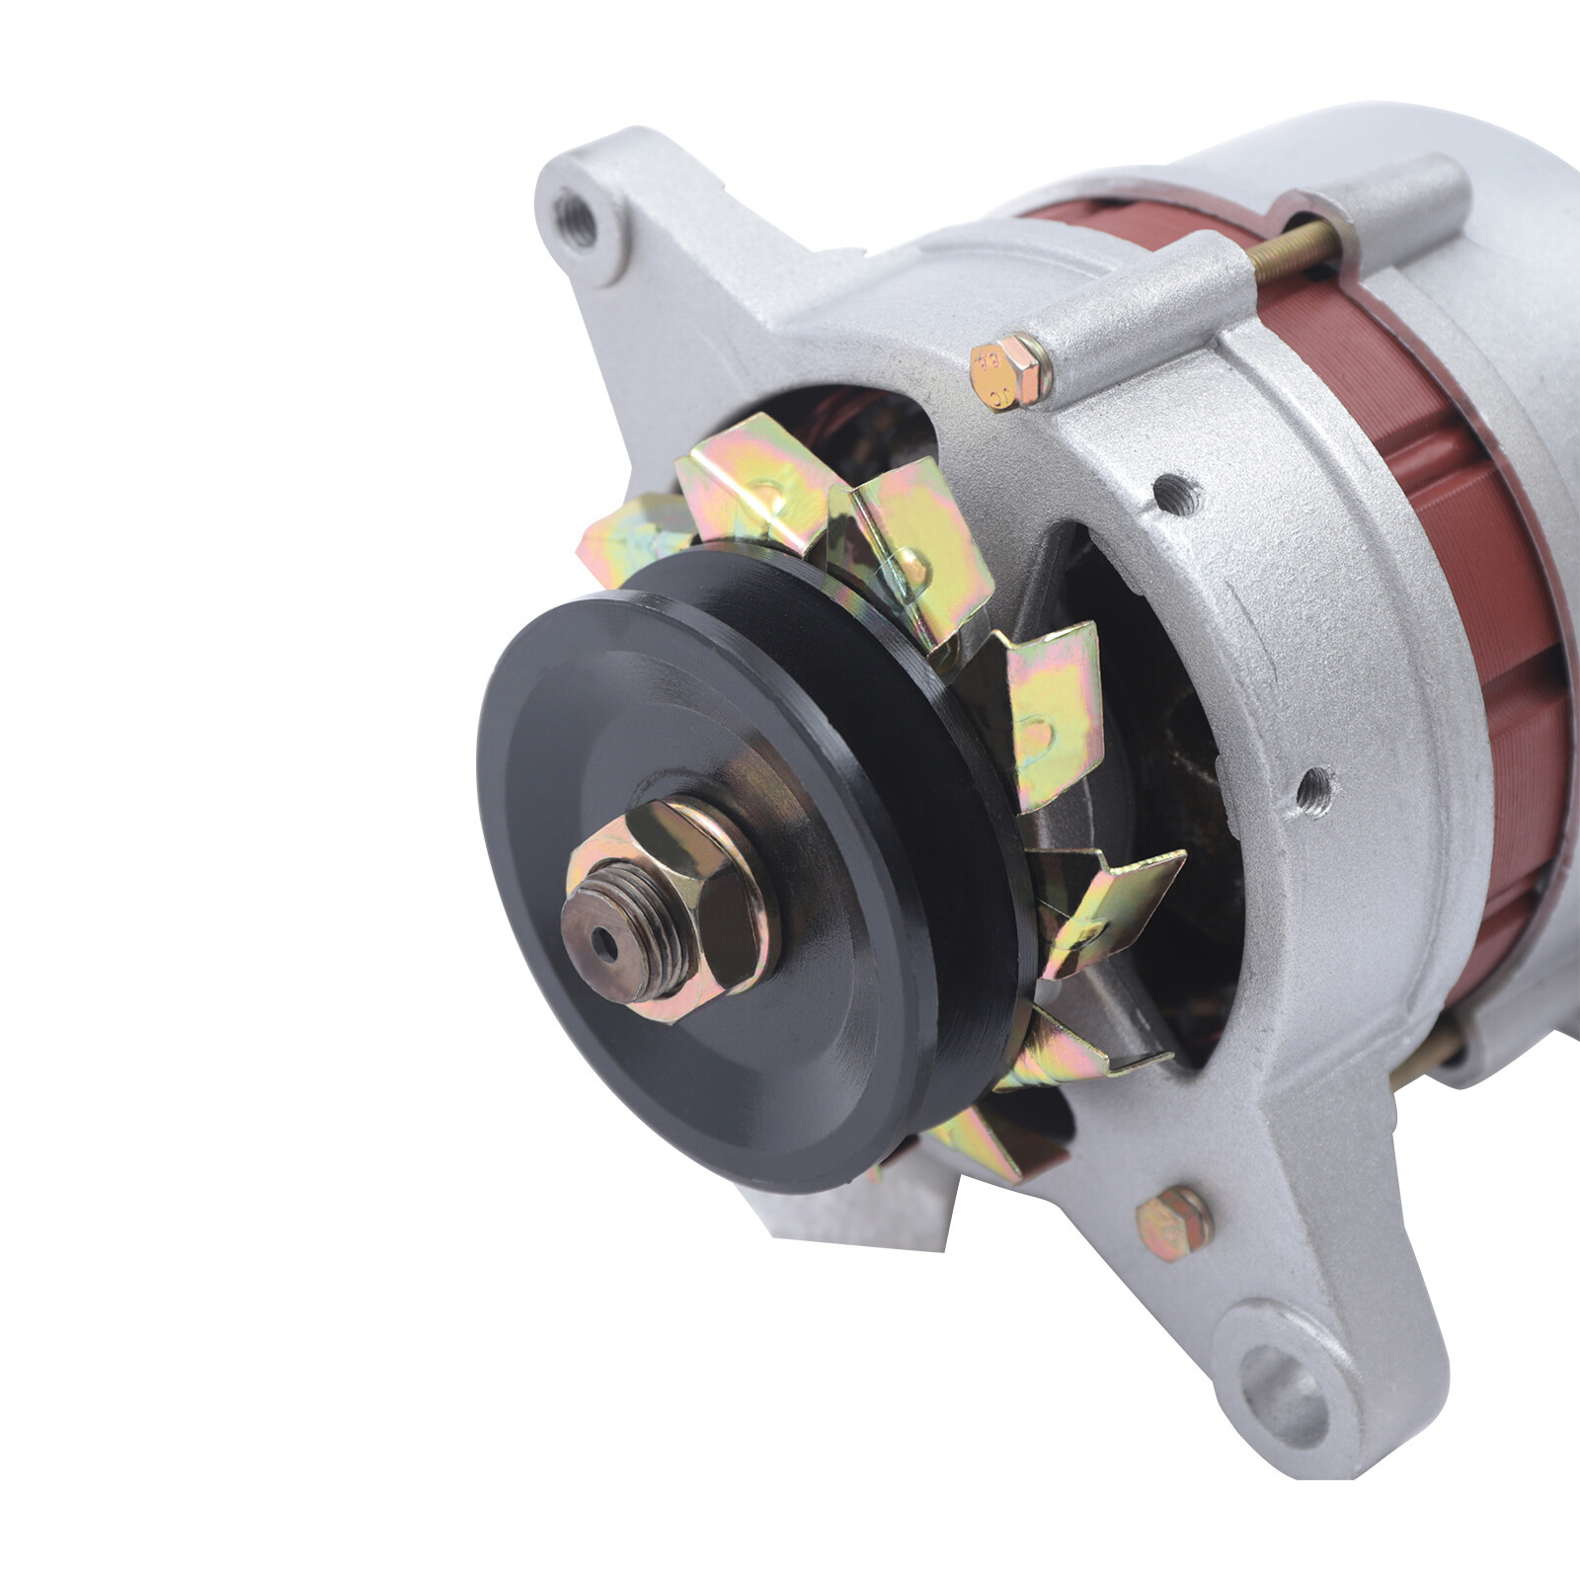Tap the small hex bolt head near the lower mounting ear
pos(1174,1224)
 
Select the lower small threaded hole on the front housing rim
pos(1314,787)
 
